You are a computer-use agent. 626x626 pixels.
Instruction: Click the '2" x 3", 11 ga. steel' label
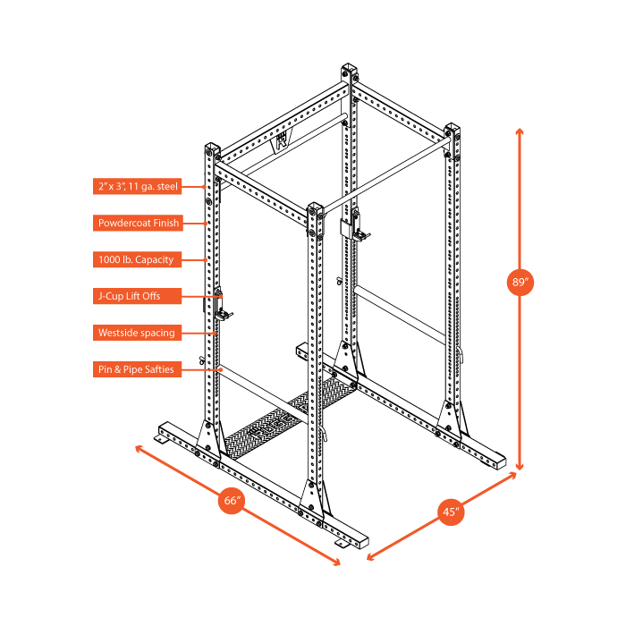tap(138, 186)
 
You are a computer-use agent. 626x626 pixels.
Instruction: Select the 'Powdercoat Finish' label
tap(138, 223)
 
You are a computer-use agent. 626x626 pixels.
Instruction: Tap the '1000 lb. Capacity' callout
tap(138, 259)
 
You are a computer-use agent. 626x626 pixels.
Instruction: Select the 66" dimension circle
tap(233, 501)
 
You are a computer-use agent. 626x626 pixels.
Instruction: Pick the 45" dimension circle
tap(452, 512)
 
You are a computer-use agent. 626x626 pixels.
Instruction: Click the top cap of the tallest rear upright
tap(350, 72)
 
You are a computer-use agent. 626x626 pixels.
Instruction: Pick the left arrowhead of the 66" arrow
tap(138, 445)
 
